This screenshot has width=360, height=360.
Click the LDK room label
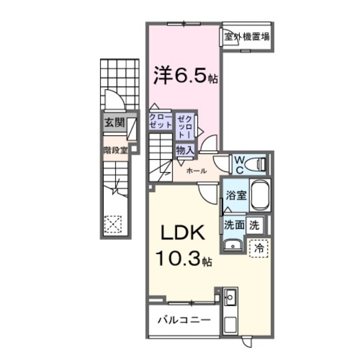(x=184, y=234)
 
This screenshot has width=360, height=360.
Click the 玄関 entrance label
(x=114, y=123)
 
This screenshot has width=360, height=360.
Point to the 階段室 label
(x=116, y=150)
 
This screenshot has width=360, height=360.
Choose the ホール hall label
(x=197, y=171)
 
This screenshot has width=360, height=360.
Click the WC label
(x=238, y=164)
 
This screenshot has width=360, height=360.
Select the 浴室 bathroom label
(x=235, y=196)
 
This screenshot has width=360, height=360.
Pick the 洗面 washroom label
(x=234, y=225)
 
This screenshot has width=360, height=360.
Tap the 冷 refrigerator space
(x=259, y=247)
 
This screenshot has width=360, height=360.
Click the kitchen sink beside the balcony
(x=230, y=297)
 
